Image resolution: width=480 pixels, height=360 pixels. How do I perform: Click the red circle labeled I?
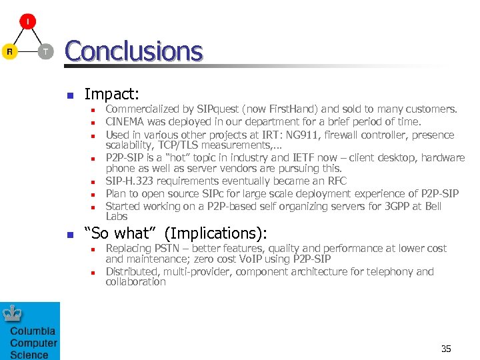coord(27,21)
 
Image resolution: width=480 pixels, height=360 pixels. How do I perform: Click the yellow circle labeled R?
coord(9,51)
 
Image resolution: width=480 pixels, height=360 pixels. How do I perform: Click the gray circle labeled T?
coord(45,51)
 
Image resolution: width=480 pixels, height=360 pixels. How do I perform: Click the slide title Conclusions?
coord(133,51)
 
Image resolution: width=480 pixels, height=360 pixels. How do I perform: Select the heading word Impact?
coord(111,95)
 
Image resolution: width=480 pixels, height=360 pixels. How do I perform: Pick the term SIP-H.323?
coord(133,181)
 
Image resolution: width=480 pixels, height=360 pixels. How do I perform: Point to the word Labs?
coord(117,216)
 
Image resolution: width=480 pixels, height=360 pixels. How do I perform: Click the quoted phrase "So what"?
coord(120,233)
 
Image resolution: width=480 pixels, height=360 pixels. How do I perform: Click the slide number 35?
coord(446,349)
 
